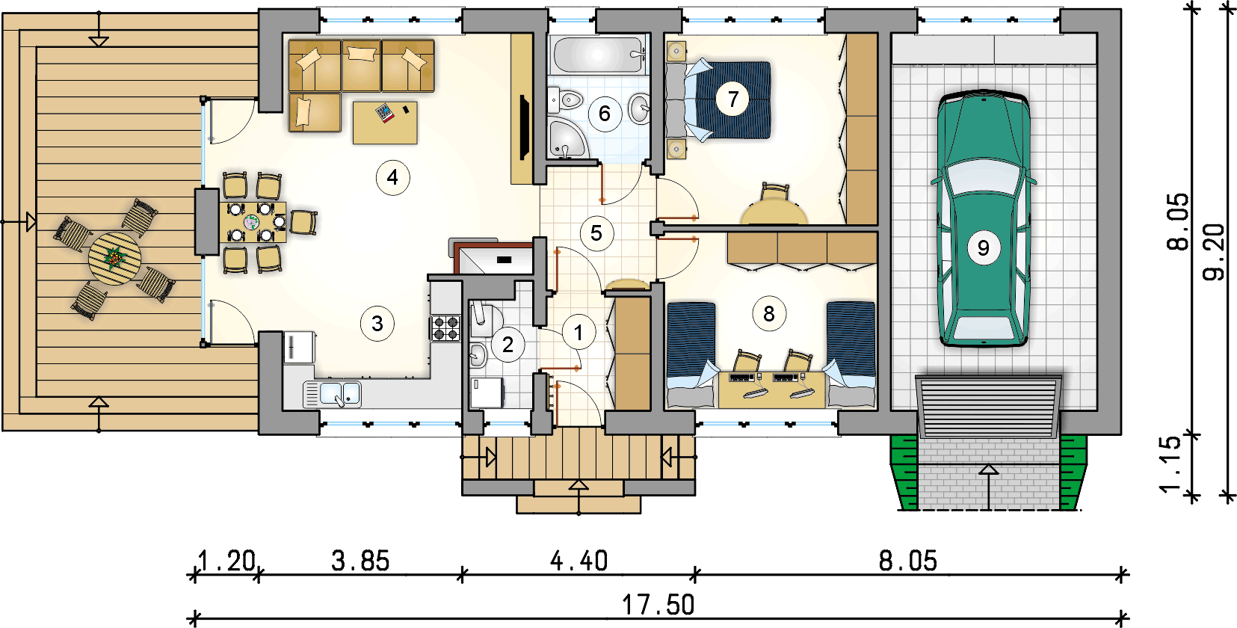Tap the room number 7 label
point(732,99)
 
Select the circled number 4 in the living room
point(392,177)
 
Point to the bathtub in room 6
point(597,54)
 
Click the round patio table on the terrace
point(115,259)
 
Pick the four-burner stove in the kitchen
point(445,327)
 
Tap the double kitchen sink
point(332,394)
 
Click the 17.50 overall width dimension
point(658,605)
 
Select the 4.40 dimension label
point(579,561)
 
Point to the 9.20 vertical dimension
point(1213,252)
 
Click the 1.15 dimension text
point(1170,464)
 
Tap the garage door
point(989,406)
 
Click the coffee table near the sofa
point(385,122)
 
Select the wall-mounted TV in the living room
point(525,128)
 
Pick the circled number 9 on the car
point(984,248)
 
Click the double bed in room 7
point(718,100)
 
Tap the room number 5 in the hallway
point(596,233)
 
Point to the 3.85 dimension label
point(360,561)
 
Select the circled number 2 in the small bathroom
point(508,345)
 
